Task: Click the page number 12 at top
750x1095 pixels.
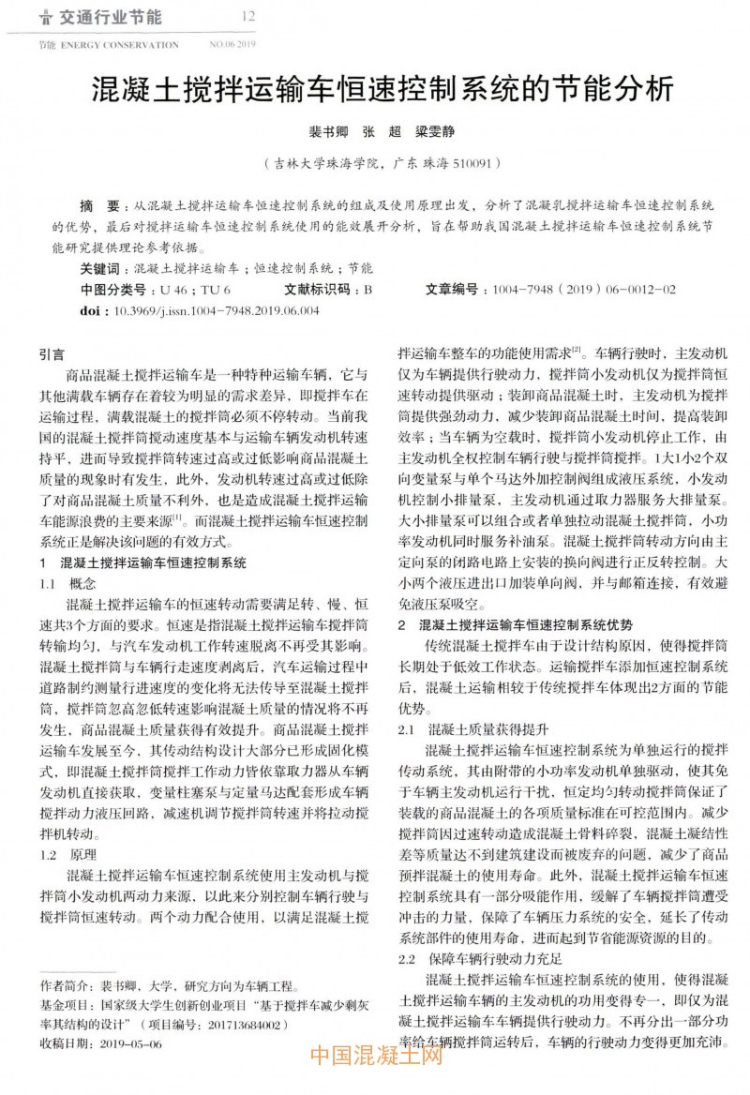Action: [x=248, y=16]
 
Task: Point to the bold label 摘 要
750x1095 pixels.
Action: [x=98, y=205]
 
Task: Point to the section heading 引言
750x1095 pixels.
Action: [x=52, y=355]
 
